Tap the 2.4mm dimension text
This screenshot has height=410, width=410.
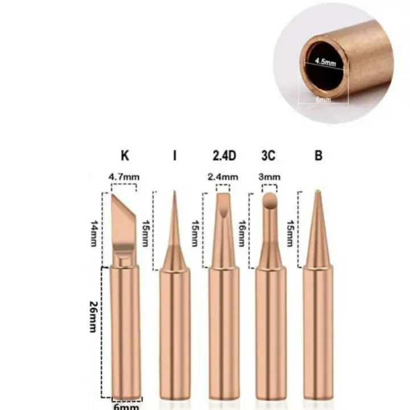(x=223, y=177)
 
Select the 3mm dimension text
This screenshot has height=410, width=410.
(x=269, y=177)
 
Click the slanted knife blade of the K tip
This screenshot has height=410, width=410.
(x=124, y=217)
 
